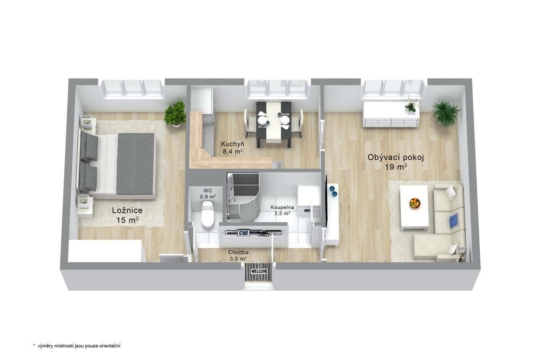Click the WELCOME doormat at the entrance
[259, 272]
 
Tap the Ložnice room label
[127, 210]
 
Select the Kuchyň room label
[232, 144]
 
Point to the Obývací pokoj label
[396, 158]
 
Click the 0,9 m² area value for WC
[208, 196]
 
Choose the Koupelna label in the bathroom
[282, 207]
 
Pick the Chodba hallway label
[238, 252]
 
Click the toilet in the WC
[208, 214]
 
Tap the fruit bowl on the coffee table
[415, 203]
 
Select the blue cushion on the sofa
[454, 220]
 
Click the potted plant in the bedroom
[175, 114]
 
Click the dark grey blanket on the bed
[135, 164]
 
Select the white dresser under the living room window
[391, 115]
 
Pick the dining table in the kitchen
[273, 124]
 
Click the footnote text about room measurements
[77, 346]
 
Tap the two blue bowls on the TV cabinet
[333, 191]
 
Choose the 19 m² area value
[396, 166]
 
